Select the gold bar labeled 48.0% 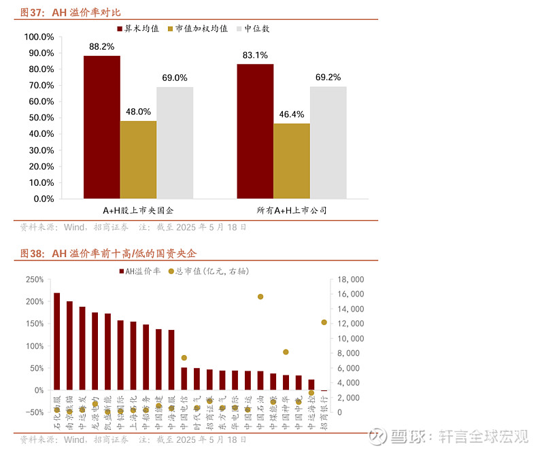pyautogui.click(x=138, y=160)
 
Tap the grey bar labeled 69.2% pyautogui.click(x=328, y=143)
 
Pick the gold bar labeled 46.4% pyautogui.click(x=292, y=161)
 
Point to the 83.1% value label pyautogui.click(x=254, y=55)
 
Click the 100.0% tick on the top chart pyautogui.click(x=39, y=37)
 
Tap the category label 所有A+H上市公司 pyautogui.click(x=292, y=211)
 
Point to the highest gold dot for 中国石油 pyautogui.click(x=260, y=297)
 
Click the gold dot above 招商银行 pyautogui.click(x=324, y=322)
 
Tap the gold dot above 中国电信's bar pyautogui.click(x=184, y=358)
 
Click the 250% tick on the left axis pyautogui.click(x=34, y=280)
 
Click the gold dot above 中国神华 pyautogui.click(x=286, y=352)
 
